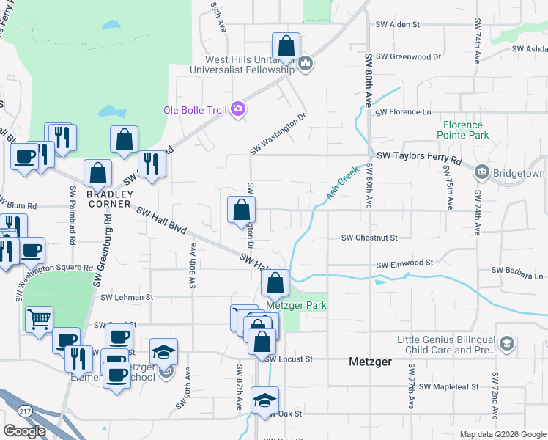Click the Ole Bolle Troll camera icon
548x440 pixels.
(237, 110)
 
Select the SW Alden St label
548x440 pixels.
(395, 24)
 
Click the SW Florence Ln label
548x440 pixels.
(403, 112)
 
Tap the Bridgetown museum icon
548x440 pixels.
(482, 174)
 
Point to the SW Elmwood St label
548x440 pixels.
(404, 263)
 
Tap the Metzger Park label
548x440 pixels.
(295, 305)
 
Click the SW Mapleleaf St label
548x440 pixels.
(444, 386)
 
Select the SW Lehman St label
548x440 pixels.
(127, 298)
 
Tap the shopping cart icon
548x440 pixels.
(39, 319)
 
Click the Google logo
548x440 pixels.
(24, 431)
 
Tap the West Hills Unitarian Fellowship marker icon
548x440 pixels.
(306, 65)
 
